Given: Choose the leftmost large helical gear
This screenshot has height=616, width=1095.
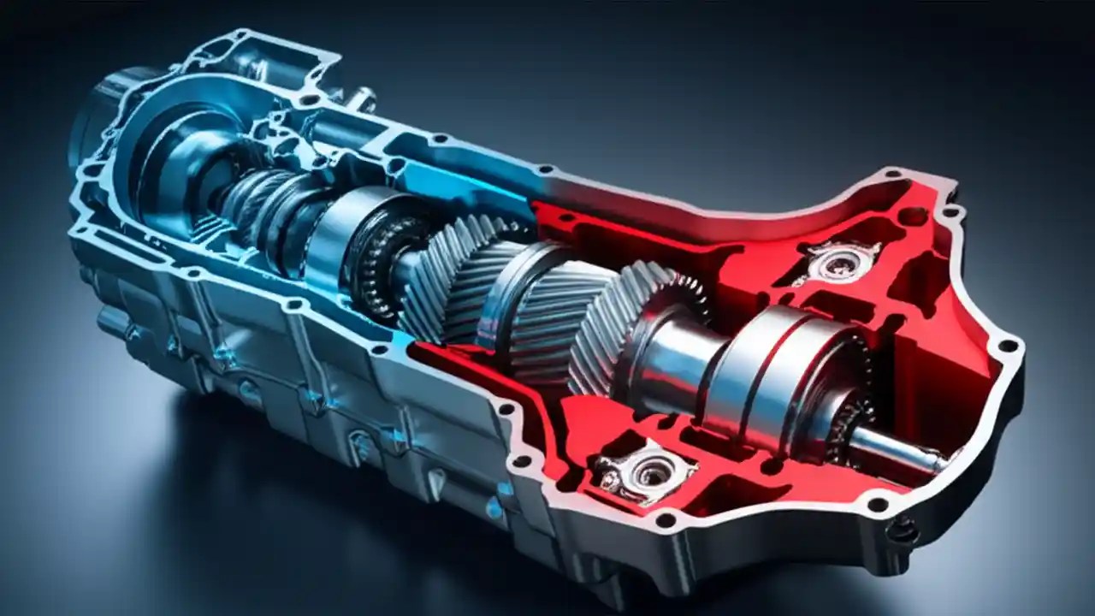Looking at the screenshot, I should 445,274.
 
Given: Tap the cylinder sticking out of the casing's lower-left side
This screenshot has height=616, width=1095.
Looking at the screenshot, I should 115,321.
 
